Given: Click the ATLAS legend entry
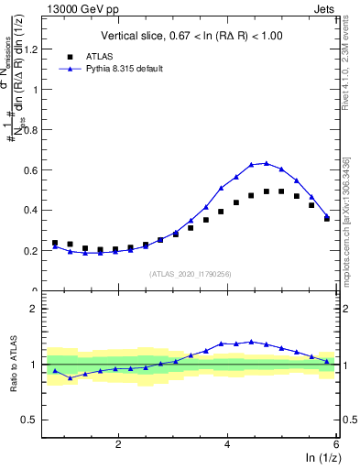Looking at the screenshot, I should click(99, 55).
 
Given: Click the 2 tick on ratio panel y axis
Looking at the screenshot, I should click(38, 309).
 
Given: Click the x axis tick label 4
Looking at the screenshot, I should click(227, 443).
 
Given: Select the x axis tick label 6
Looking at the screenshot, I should click(336, 443).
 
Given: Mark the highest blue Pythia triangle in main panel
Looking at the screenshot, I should click(267, 163).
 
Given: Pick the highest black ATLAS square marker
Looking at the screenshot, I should click(281, 191).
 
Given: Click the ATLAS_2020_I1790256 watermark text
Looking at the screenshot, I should click(191, 273).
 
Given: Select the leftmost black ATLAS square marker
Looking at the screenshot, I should click(55, 243).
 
